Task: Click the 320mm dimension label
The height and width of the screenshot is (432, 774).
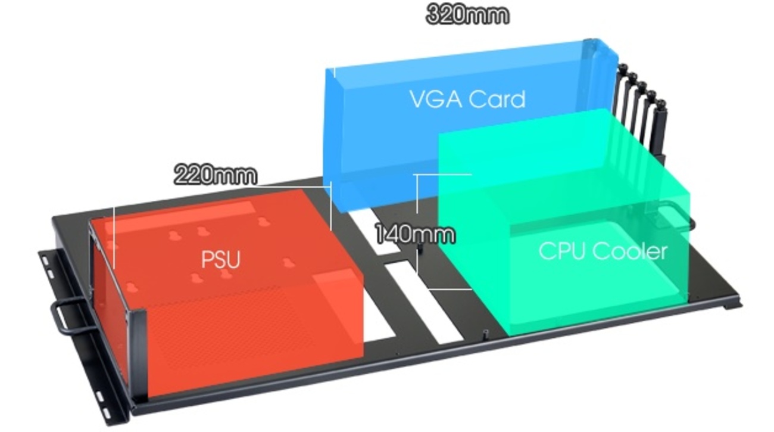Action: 467,15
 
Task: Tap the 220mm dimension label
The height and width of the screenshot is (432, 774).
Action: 216,175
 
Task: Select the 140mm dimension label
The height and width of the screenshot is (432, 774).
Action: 414,234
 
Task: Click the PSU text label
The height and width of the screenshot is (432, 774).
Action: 221,259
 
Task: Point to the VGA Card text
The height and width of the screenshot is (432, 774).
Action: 468,100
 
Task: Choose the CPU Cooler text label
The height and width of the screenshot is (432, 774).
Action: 603,251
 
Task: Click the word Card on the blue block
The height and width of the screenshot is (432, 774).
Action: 497,100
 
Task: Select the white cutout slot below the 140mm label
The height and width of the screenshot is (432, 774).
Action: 424,302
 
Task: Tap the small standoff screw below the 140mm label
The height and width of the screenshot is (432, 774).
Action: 420,248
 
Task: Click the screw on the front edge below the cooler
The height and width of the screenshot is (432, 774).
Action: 485,334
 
